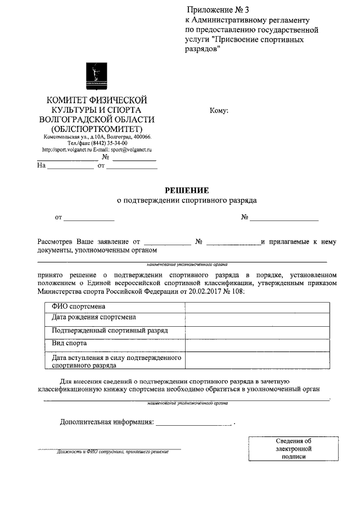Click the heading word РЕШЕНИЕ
coord(186,190)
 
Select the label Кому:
coord(219,111)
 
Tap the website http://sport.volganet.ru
coord(66,150)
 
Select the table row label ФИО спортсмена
coord(78,307)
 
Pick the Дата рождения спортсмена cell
coord(93,318)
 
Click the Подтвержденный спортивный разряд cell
coord(109,331)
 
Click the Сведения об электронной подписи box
coord(293,448)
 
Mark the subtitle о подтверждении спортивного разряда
coord(186,200)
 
